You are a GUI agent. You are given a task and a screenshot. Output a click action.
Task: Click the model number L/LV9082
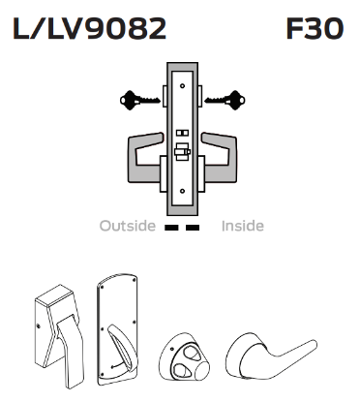[89, 28]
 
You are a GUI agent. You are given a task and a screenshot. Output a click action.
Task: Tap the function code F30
[315, 28]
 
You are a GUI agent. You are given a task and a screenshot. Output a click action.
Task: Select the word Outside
[127, 226]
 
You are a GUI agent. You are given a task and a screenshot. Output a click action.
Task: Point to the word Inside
[242, 226]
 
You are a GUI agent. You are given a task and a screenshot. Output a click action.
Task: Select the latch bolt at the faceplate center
[180, 153]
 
